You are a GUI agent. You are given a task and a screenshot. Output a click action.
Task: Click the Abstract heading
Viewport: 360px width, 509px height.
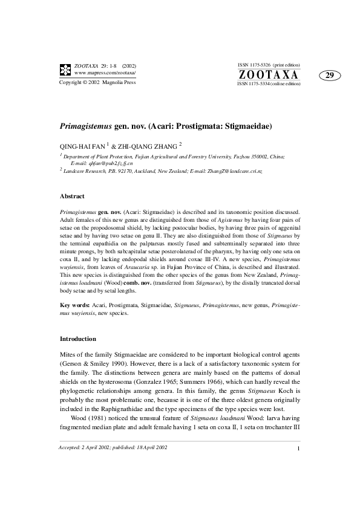click(x=72, y=196)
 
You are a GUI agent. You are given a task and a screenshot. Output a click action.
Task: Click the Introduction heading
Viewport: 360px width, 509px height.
click(x=78, y=339)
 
